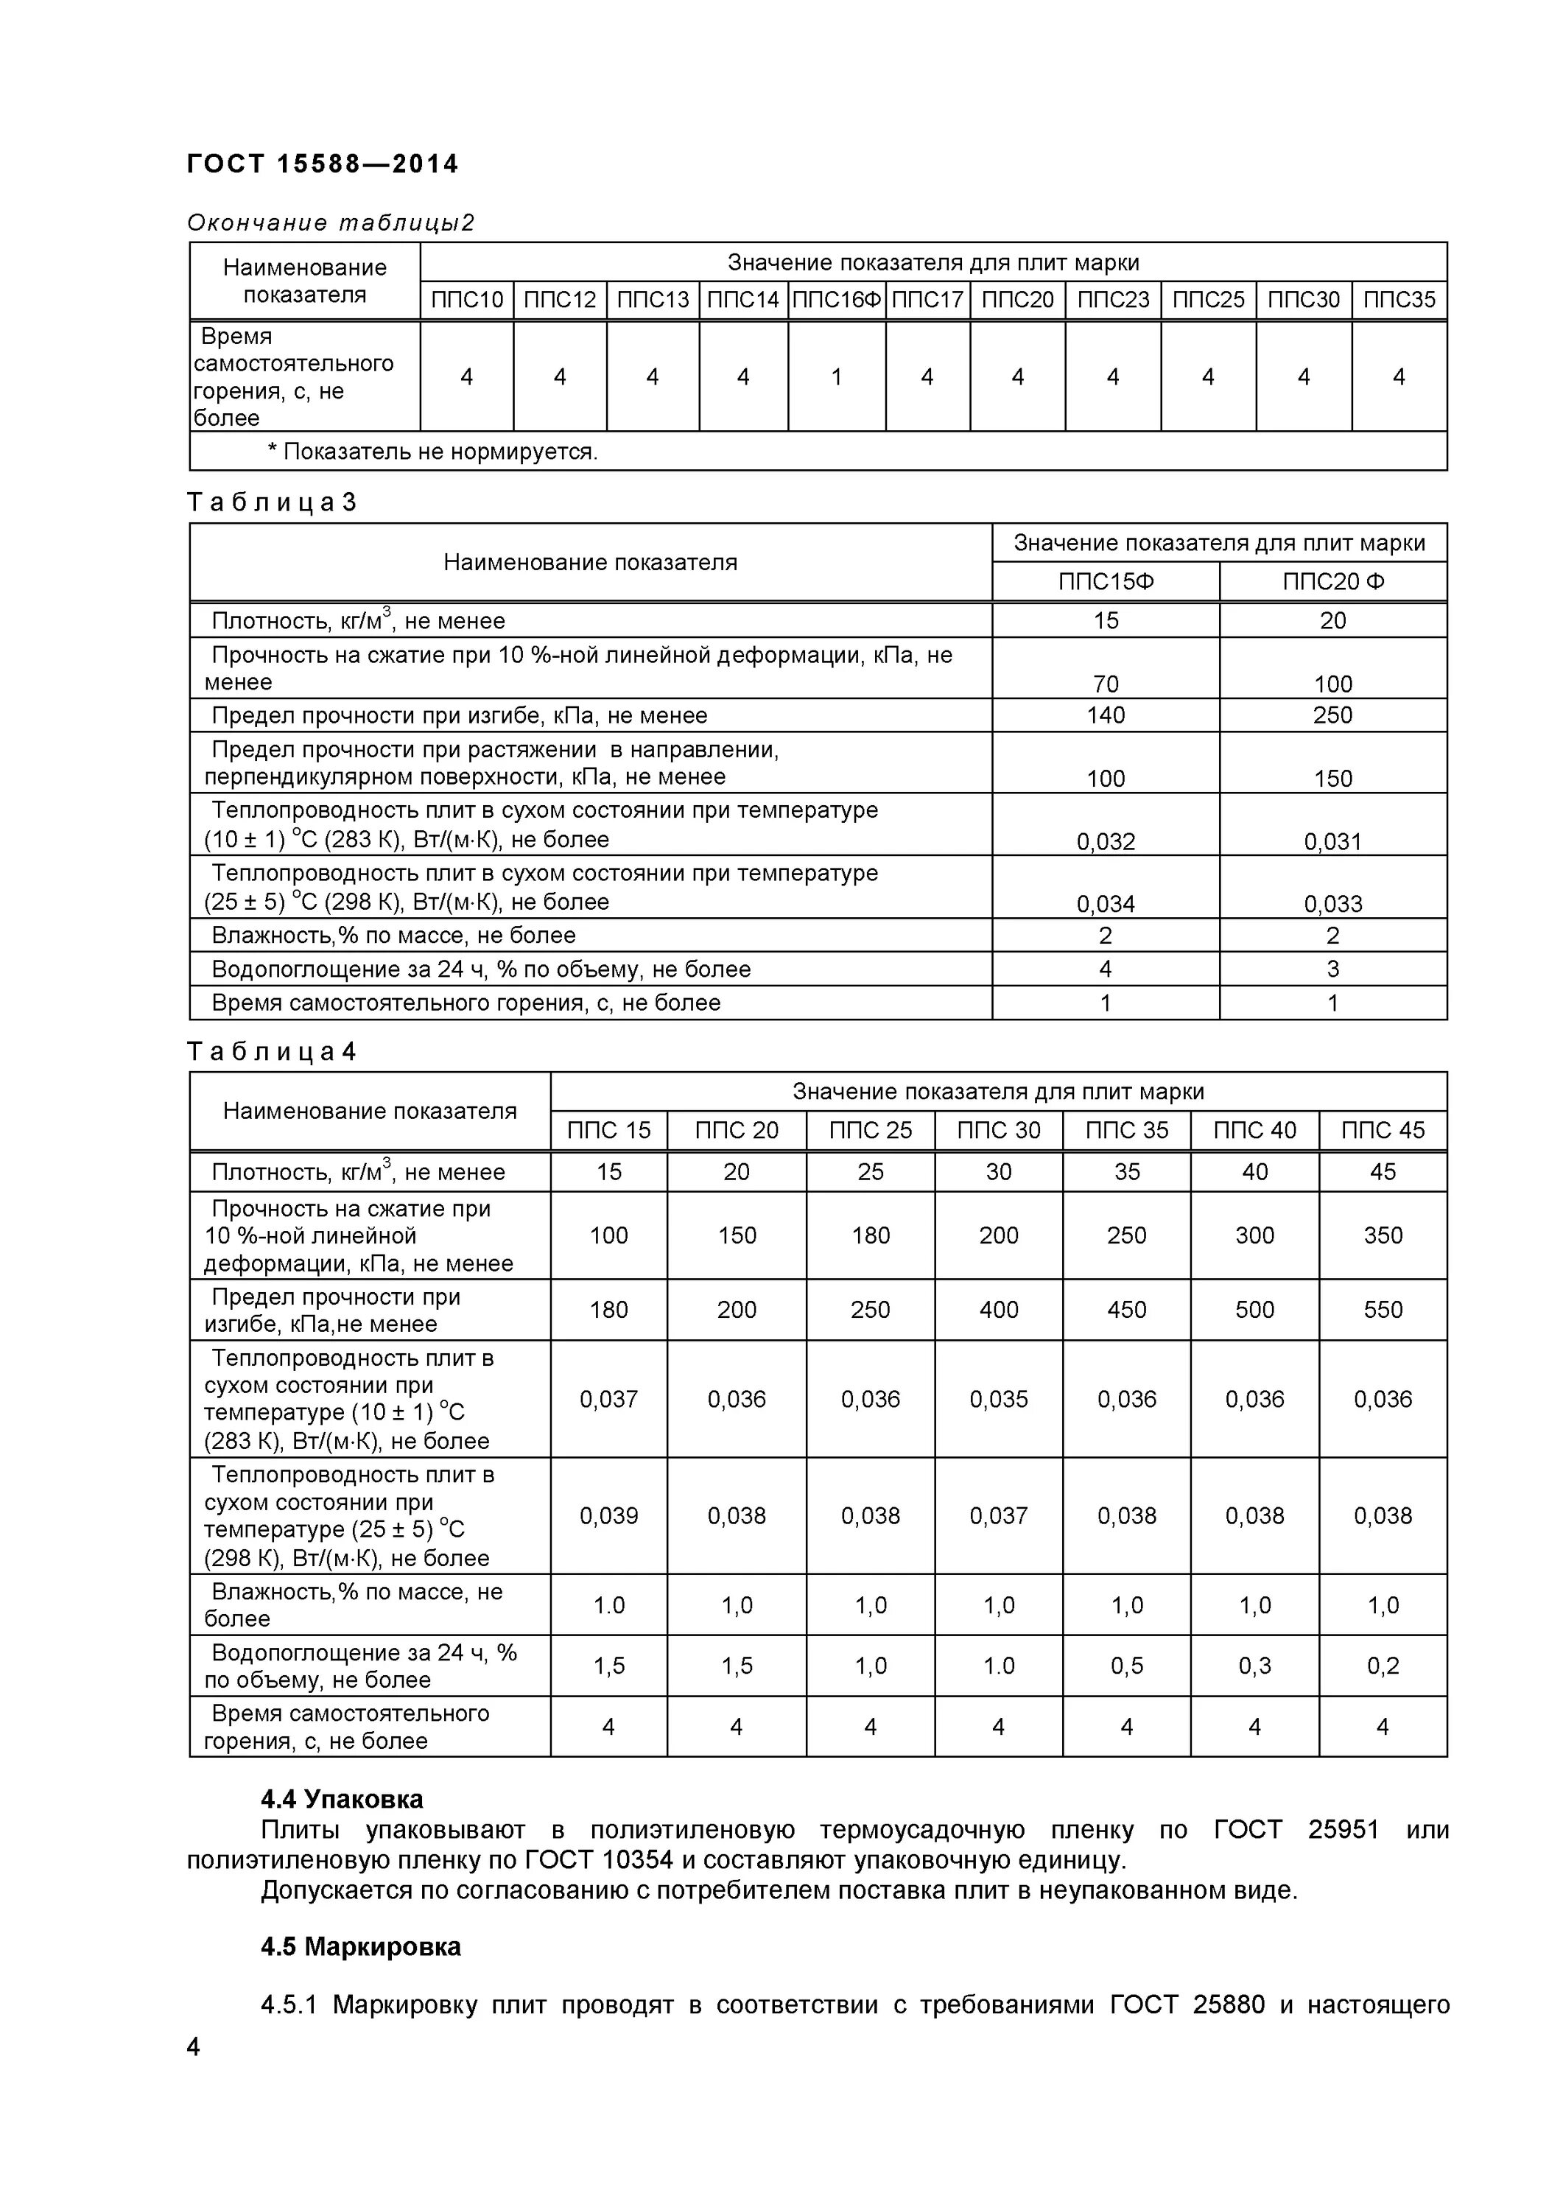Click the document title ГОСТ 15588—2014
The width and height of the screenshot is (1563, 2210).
[323, 164]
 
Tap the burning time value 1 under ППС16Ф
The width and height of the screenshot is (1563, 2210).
[836, 377]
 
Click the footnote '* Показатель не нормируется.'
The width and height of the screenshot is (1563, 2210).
[432, 452]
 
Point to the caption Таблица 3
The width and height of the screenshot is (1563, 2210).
[271, 502]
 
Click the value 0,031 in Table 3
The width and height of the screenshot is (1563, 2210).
[1333, 842]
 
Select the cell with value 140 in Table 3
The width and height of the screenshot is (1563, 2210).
[1105, 715]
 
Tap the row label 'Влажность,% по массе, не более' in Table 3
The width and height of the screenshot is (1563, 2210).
[393, 936]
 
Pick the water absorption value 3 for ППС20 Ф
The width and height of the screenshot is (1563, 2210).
[1333, 969]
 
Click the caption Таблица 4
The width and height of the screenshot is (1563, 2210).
[271, 1052]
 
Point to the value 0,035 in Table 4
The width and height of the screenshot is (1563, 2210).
[998, 1400]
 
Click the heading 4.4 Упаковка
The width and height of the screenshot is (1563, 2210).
[342, 1800]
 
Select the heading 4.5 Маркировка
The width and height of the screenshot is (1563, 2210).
[361, 1947]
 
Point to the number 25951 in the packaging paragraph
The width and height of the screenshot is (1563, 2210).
[1344, 1830]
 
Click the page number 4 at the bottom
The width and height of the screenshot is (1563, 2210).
[194, 2047]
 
